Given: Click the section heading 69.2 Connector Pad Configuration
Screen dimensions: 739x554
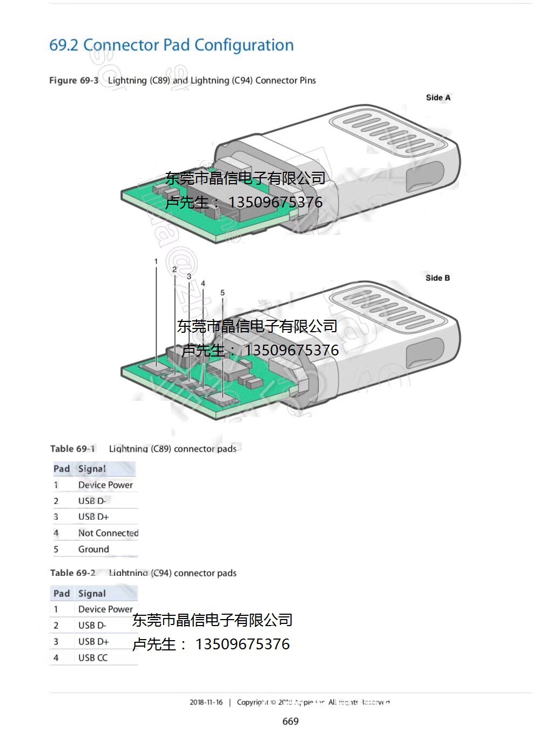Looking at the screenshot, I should coord(171,45).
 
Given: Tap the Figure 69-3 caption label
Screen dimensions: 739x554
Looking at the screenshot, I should coord(74,80).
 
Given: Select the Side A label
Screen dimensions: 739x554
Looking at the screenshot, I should coord(437,98).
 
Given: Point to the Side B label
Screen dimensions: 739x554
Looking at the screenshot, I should coord(437,278).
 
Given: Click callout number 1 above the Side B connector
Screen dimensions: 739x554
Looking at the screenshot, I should coord(156,261).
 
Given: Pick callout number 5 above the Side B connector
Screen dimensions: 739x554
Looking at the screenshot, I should coord(222,293).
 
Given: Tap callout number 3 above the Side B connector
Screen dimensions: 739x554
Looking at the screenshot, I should coord(189,276).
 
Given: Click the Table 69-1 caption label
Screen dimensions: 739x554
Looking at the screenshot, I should coord(72,449).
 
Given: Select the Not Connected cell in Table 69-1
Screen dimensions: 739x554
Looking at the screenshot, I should coord(108,533).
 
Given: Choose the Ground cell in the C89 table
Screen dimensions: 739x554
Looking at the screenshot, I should coord(93,549).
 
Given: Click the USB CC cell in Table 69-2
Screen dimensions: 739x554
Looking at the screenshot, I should coord(93,658).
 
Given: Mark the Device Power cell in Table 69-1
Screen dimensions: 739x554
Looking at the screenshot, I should coord(105,485).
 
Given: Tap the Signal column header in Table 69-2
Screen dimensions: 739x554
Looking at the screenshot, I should coord(92,594).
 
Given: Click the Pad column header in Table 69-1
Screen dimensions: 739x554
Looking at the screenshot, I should coord(62,469).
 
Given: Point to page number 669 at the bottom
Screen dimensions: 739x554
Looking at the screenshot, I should coord(290,722).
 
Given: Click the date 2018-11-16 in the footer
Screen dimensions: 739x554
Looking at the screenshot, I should coord(206,703).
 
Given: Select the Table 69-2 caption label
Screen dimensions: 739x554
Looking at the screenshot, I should coord(72,573).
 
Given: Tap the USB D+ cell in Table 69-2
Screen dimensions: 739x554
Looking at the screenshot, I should coord(93,642).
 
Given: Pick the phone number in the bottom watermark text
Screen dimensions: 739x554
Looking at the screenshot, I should coord(242,644).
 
